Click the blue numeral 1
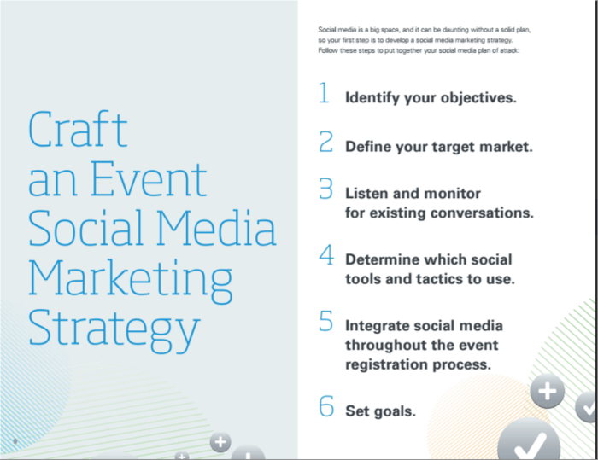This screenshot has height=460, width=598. (324, 93)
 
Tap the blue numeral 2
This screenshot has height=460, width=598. (326, 142)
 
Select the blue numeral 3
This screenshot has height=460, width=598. (326, 189)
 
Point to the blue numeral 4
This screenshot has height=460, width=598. (326, 254)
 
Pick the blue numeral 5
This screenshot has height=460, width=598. (326, 321)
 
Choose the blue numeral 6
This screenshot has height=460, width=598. (326, 406)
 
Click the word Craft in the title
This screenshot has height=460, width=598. (78, 129)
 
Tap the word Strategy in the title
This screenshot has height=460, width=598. (114, 330)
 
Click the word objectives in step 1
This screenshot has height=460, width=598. (478, 98)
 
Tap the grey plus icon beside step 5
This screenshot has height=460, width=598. (548, 391)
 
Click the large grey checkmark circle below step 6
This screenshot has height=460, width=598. (530, 441)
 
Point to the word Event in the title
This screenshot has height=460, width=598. (149, 179)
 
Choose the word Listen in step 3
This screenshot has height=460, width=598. (366, 193)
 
